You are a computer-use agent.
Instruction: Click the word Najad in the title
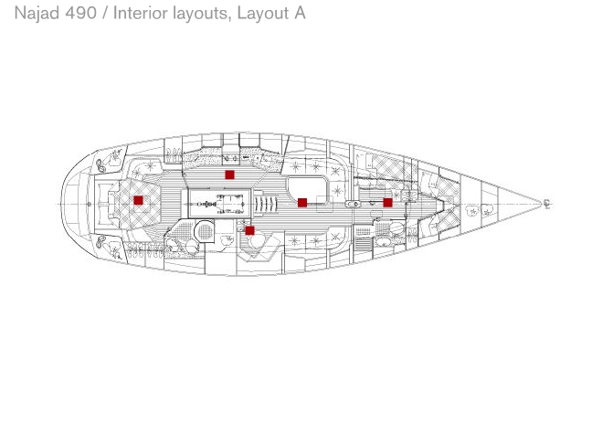pos(37,13)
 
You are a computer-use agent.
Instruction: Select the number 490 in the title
pos(80,13)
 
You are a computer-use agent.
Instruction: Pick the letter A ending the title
pos(299,13)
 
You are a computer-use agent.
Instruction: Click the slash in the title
pos(105,13)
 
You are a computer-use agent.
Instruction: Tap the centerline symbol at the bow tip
pos(546,204)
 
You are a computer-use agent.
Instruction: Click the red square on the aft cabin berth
pos(138,200)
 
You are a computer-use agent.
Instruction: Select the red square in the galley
pos(229,174)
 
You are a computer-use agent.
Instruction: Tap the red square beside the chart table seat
pos(249,230)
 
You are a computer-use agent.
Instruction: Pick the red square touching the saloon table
pos(302,203)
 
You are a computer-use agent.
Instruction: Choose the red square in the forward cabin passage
pos(387,203)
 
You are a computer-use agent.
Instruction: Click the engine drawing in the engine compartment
pos(220,204)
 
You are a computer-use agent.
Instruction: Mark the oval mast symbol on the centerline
pos(353,205)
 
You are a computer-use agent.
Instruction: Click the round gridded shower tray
pos(205,229)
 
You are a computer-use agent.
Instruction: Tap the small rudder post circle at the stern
pos(90,205)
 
